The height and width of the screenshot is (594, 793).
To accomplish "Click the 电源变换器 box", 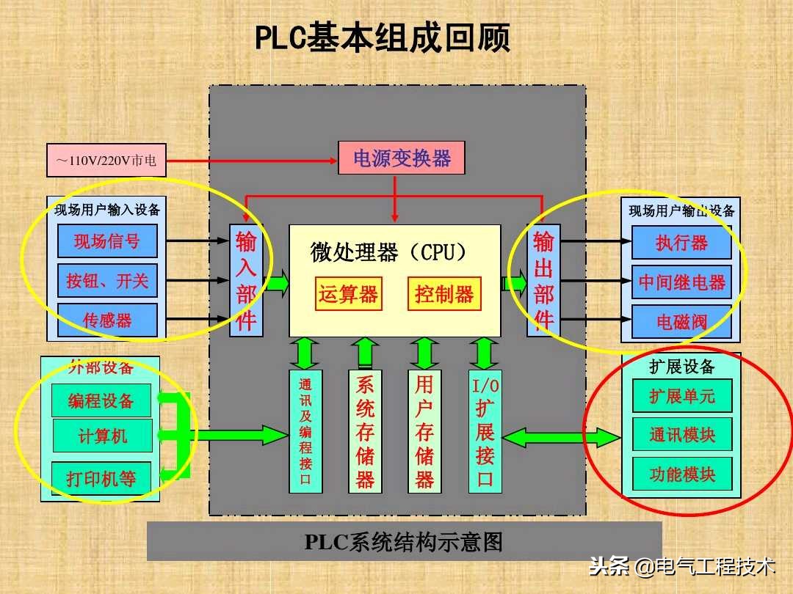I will (x=401, y=158).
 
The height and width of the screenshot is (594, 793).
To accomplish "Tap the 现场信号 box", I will (x=107, y=241).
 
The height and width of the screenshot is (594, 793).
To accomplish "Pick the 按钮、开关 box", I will (x=107, y=280).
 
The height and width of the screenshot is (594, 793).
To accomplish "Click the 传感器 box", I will (x=107, y=320).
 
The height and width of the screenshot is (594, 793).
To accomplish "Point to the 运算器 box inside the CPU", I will (x=348, y=294).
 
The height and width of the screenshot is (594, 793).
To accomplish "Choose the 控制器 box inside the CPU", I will (x=444, y=294).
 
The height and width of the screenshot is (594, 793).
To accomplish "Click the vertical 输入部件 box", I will (x=246, y=280).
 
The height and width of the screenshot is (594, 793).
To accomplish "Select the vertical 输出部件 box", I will (x=543, y=280).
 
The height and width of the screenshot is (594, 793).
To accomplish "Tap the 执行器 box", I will (x=681, y=243).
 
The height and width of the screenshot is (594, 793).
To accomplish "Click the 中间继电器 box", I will (x=681, y=282).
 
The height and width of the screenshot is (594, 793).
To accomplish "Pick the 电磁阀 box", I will (x=681, y=321).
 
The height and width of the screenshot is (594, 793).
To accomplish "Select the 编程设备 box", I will (x=101, y=400).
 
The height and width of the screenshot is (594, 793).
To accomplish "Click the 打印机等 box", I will (x=101, y=479).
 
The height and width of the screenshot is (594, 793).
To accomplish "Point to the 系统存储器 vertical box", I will (x=365, y=431).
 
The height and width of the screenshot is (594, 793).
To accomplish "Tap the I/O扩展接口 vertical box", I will (x=485, y=431).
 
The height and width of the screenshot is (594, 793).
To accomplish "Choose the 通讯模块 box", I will (x=682, y=434).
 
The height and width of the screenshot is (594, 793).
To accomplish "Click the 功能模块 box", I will (x=682, y=474).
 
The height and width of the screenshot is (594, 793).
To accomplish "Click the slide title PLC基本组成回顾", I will (x=382, y=38).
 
